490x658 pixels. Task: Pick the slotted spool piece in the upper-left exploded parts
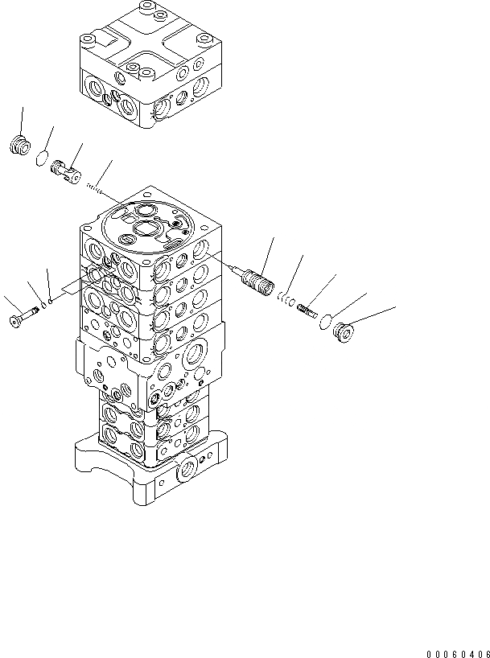click(x=65, y=171)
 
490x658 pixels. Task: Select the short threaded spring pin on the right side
click(x=307, y=310)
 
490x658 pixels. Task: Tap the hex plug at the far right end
click(x=344, y=331)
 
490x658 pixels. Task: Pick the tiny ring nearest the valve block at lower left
click(x=49, y=303)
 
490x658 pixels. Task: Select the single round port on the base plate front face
click(x=191, y=467)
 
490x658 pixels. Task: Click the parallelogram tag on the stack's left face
click(x=78, y=283)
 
